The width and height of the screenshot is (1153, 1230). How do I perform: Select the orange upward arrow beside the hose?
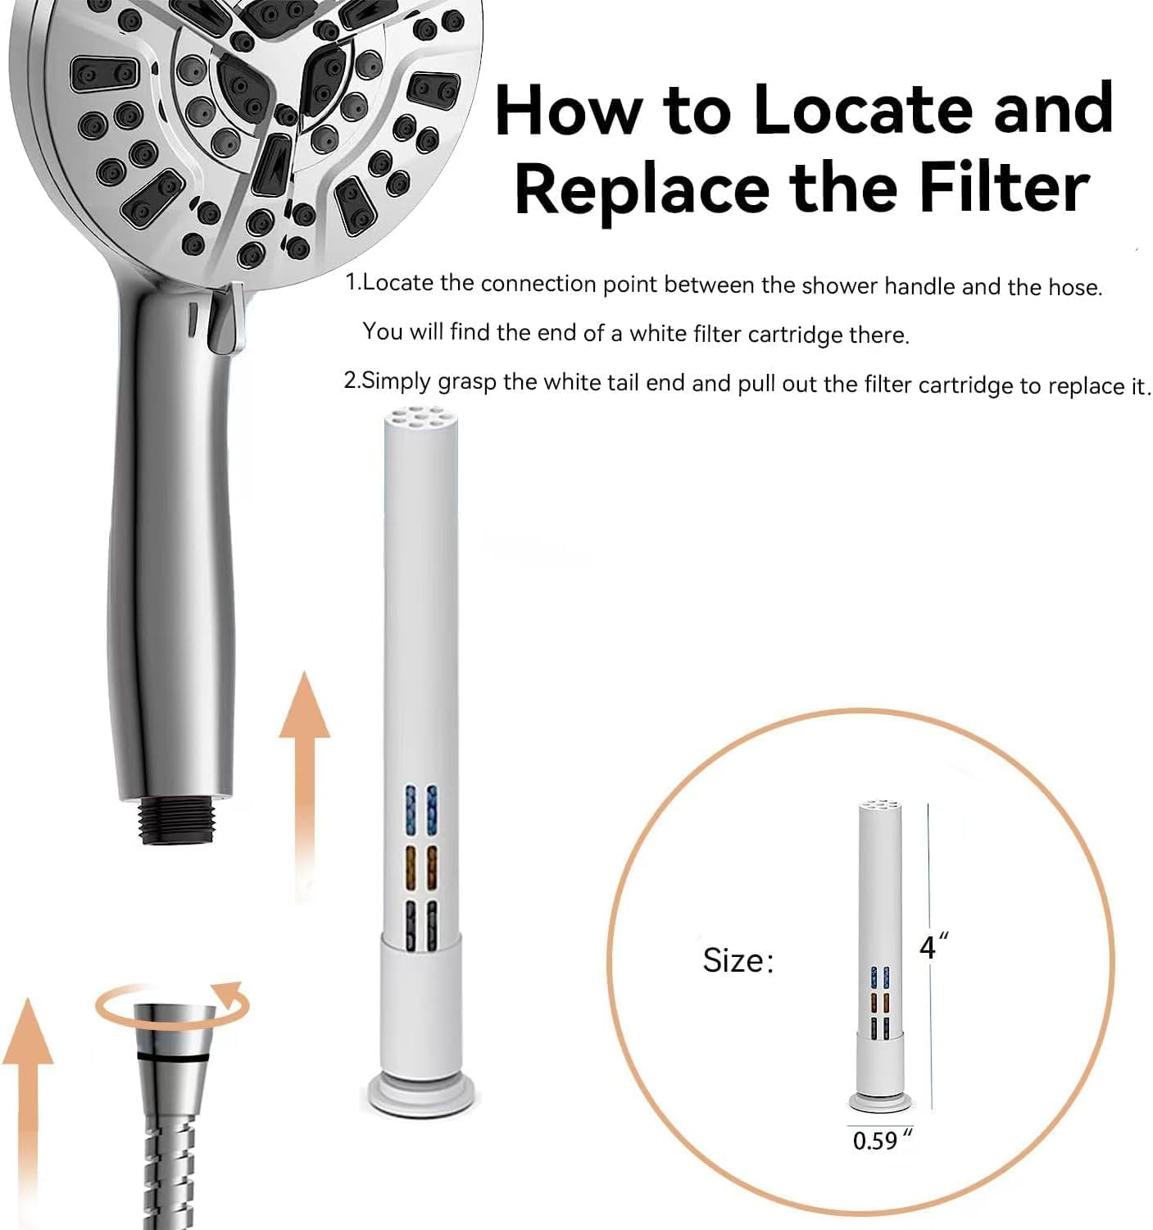coord(28,1109)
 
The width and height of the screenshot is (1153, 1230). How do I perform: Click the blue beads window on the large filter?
coord(420,810)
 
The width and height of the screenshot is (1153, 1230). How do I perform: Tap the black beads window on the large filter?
coord(420,925)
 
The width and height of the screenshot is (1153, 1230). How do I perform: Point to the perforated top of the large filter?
coord(420,418)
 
